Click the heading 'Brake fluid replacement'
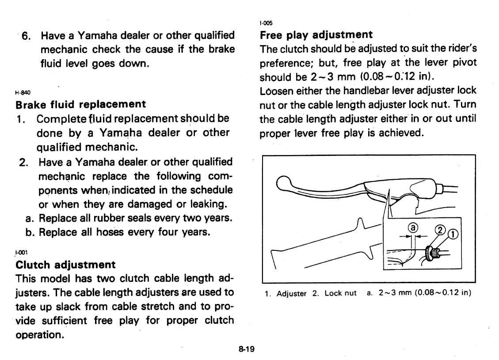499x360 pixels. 80,105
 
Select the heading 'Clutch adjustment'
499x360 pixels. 65,265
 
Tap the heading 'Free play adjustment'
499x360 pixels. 316,34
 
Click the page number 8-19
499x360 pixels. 246,349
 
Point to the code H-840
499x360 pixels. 21,94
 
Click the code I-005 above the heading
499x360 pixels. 266,23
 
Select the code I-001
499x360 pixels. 21,253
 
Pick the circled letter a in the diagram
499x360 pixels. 412,227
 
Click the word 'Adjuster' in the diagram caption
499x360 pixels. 291,294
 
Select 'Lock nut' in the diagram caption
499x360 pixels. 340,294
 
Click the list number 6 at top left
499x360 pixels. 26,36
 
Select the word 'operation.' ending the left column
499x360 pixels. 40,334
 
